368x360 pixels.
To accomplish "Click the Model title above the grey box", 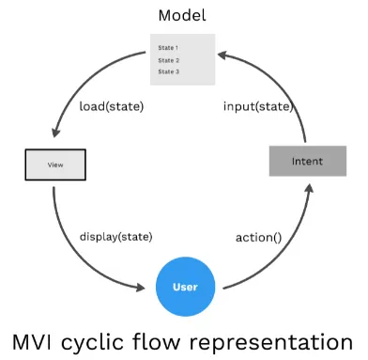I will (182, 16).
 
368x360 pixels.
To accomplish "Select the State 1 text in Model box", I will (168, 48).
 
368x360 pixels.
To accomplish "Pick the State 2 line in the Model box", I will (168, 59).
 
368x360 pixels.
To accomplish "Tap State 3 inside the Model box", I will (168, 71).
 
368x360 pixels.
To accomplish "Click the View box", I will (54, 164).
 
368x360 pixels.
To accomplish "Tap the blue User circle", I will (185, 286).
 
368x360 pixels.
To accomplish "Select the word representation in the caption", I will (273, 339).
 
